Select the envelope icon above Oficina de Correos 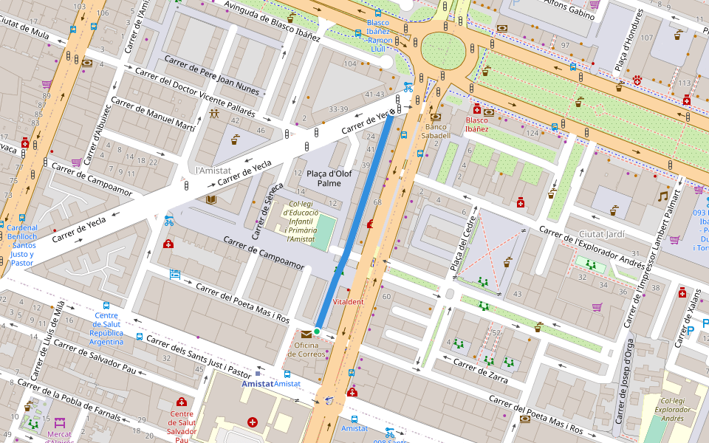click(x=306, y=334)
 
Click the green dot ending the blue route click(x=317, y=332)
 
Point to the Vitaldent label click(x=348, y=302)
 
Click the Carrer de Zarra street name click(x=480, y=371)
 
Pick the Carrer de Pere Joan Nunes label click(x=212, y=75)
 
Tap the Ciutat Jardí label click(x=602, y=234)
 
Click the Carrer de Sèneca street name click(x=266, y=211)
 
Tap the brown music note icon click(x=663, y=196)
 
